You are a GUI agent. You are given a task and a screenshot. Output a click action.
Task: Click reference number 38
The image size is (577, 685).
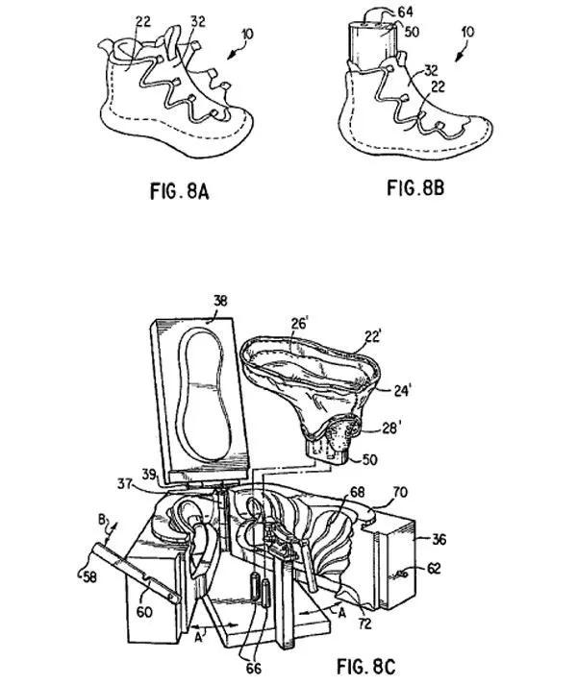tap(220, 300)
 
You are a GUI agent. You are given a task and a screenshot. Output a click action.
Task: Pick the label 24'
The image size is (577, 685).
tap(401, 389)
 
